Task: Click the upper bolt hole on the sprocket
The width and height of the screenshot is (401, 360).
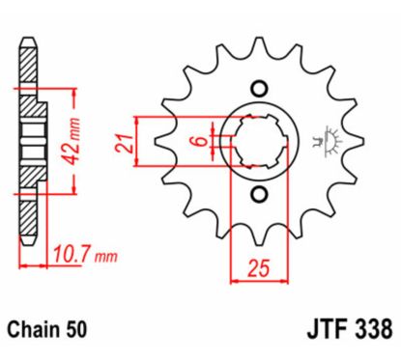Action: click(x=259, y=85)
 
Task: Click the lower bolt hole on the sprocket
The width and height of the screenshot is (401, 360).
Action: click(x=259, y=198)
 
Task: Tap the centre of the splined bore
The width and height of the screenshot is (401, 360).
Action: click(x=259, y=142)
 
